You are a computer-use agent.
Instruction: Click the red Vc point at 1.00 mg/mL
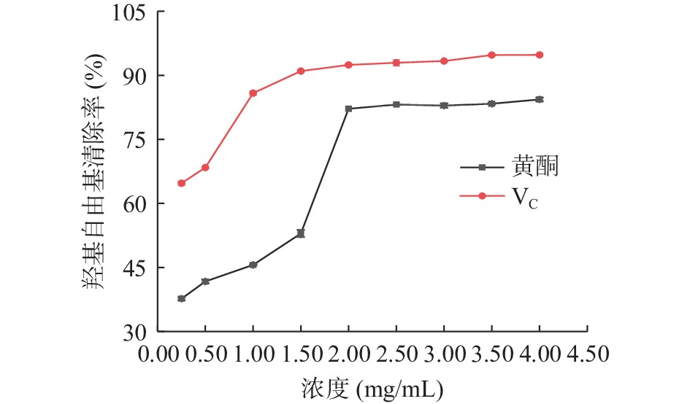[253, 93]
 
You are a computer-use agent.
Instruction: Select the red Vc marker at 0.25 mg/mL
[181, 183]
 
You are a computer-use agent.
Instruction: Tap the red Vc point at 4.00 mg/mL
[540, 55]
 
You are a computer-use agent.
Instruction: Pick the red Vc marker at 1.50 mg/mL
[301, 71]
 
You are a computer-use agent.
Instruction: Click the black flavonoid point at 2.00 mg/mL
[348, 109]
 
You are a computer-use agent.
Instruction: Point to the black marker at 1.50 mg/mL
[301, 233]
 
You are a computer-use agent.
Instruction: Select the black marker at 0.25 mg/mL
[181, 298]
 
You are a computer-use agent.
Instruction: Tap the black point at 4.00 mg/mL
[540, 99]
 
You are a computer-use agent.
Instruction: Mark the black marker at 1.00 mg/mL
[253, 265]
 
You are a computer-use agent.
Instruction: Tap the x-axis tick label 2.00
[348, 354]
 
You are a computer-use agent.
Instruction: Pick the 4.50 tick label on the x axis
[586, 354]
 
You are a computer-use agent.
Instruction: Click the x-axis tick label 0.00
[158, 354]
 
